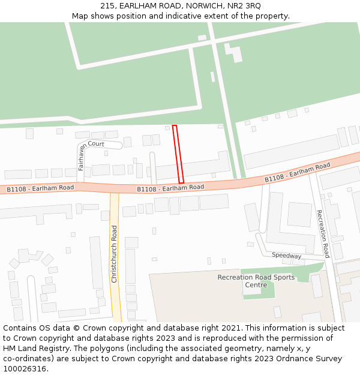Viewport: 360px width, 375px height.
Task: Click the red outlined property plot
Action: pos(178,154)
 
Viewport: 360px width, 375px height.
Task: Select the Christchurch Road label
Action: pos(114,254)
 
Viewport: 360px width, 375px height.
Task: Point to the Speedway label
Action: pos(286,256)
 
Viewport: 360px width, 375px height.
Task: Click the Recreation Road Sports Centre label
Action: pos(256,281)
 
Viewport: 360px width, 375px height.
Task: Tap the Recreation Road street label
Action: pos(323,233)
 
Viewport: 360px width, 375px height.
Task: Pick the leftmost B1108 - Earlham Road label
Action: pos(40,188)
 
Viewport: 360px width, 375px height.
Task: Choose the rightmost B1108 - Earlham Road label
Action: pos(298,172)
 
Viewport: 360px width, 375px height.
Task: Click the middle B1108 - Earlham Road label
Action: pos(170,188)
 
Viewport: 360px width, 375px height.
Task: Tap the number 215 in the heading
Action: pos(107,5)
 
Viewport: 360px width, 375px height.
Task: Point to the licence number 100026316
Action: pos(25,369)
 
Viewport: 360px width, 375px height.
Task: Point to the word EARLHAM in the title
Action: pos(139,5)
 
